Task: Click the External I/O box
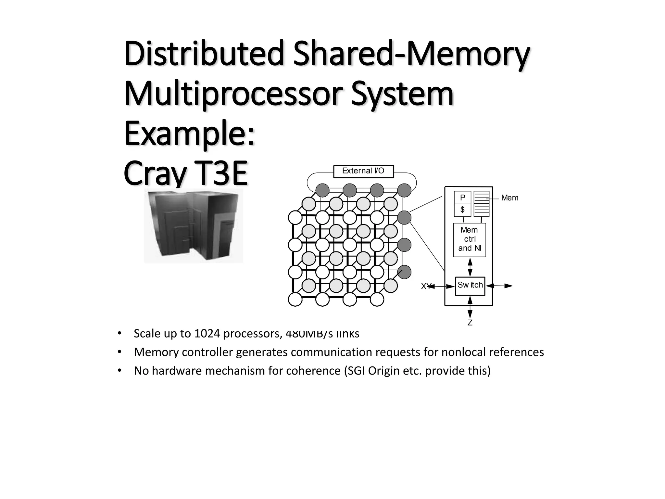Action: pos(363,171)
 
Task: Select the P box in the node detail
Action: pos(462,198)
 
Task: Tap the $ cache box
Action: pos(462,210)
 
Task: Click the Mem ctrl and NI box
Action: pos(470,239)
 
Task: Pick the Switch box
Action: pos(470,286)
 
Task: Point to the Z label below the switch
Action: pos(470,323)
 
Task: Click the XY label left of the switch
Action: pos(425,286)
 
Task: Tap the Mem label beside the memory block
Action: pos(509,198)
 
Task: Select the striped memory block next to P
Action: pos(481,204)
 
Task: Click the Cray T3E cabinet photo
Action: pos(194,225)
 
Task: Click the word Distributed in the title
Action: pos(204,54)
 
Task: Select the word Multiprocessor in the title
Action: pos(233,94)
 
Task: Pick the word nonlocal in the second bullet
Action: pos(463,352)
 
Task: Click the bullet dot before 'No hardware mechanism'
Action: pos(119,371)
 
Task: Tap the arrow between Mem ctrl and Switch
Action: pos(470,267)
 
